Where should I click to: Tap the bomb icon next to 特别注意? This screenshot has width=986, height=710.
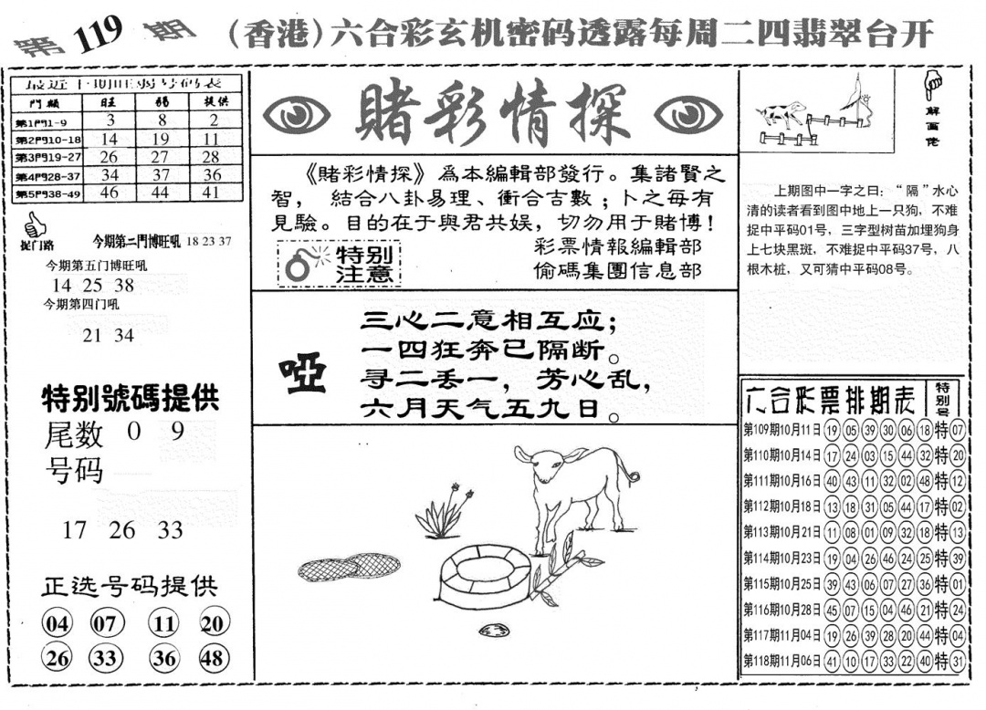point(299,264)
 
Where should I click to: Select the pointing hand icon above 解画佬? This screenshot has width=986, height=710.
point(933,87)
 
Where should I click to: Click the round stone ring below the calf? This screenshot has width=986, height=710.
point(485,574)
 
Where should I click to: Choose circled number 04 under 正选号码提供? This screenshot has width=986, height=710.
point(57,624)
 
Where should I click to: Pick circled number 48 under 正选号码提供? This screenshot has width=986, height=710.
point(212,658)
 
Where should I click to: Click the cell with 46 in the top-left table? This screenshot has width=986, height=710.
point(110,193)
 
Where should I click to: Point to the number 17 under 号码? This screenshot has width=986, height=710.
point(74,530)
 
